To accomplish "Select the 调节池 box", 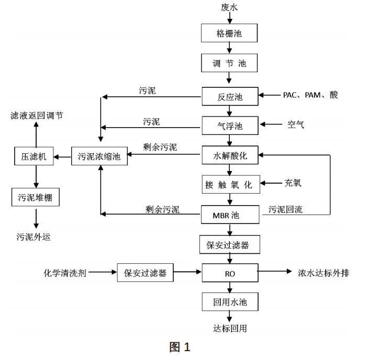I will coord(229,64).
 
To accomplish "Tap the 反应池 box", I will coord(229,96).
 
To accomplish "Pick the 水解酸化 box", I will coord(229,155).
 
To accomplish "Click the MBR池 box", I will coord(229,214).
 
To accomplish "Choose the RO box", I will coord(229,272).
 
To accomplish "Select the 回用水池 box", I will coord(229,301).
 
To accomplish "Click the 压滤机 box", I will coord(34,156).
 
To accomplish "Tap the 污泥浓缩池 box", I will coord(99,156).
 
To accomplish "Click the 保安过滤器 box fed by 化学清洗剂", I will coord(145,273).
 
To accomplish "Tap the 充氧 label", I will coord(293,183).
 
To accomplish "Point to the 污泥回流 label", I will coord(285,209).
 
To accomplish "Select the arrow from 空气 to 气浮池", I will coord(271,125).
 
